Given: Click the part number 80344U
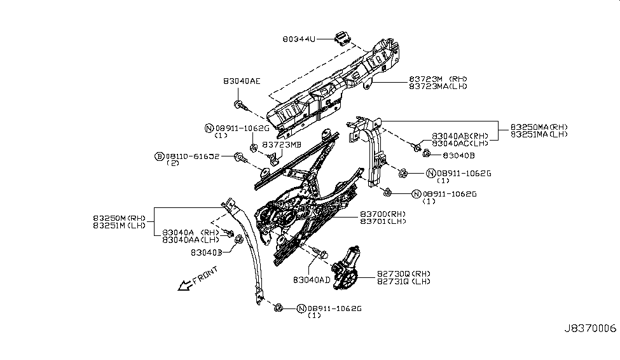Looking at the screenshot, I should [299, 39].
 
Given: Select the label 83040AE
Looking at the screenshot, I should [242, 81].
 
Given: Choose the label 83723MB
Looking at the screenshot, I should [282, 144].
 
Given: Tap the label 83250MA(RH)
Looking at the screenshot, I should [539, 127].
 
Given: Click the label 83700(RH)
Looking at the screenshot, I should [383, 214].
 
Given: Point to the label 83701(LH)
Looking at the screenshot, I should [383, 221].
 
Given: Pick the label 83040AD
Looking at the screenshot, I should [312, 279].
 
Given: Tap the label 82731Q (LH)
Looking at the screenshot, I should [404, 281].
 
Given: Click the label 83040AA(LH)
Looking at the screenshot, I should [191, 240].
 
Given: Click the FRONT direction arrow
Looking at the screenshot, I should [187, 285].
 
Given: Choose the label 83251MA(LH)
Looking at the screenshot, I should [539, 134].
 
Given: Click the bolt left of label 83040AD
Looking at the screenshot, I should [320, 255].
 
